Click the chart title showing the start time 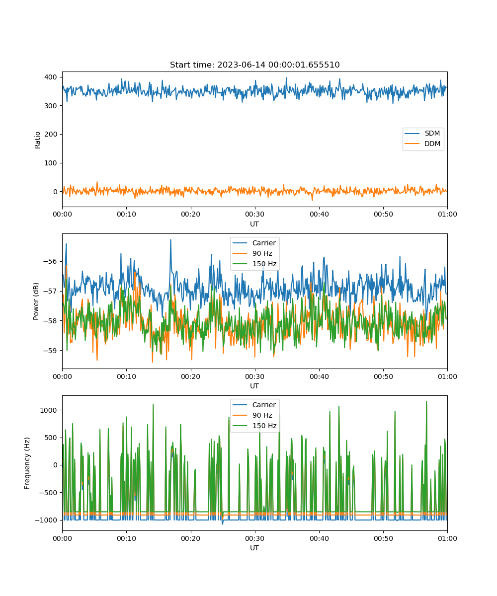tap(254, 65)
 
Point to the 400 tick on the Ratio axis tap(51, 77)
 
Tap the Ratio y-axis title tap(37, 140)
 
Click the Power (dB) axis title tap(36, 301)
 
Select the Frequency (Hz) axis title tap(27, 463)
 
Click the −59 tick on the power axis tap(50, 351)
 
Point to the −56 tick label tap(50, 261)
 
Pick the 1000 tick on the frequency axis tap(48, 410)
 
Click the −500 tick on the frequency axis tap(48, 493)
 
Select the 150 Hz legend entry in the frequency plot tap(254, 426)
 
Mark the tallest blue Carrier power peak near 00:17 tap(171, 240)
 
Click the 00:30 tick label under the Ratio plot tap(255, 214)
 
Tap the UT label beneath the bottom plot tap(254, 548)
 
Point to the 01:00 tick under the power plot tap(447, 376)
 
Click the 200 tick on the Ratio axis tap(51, 135)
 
